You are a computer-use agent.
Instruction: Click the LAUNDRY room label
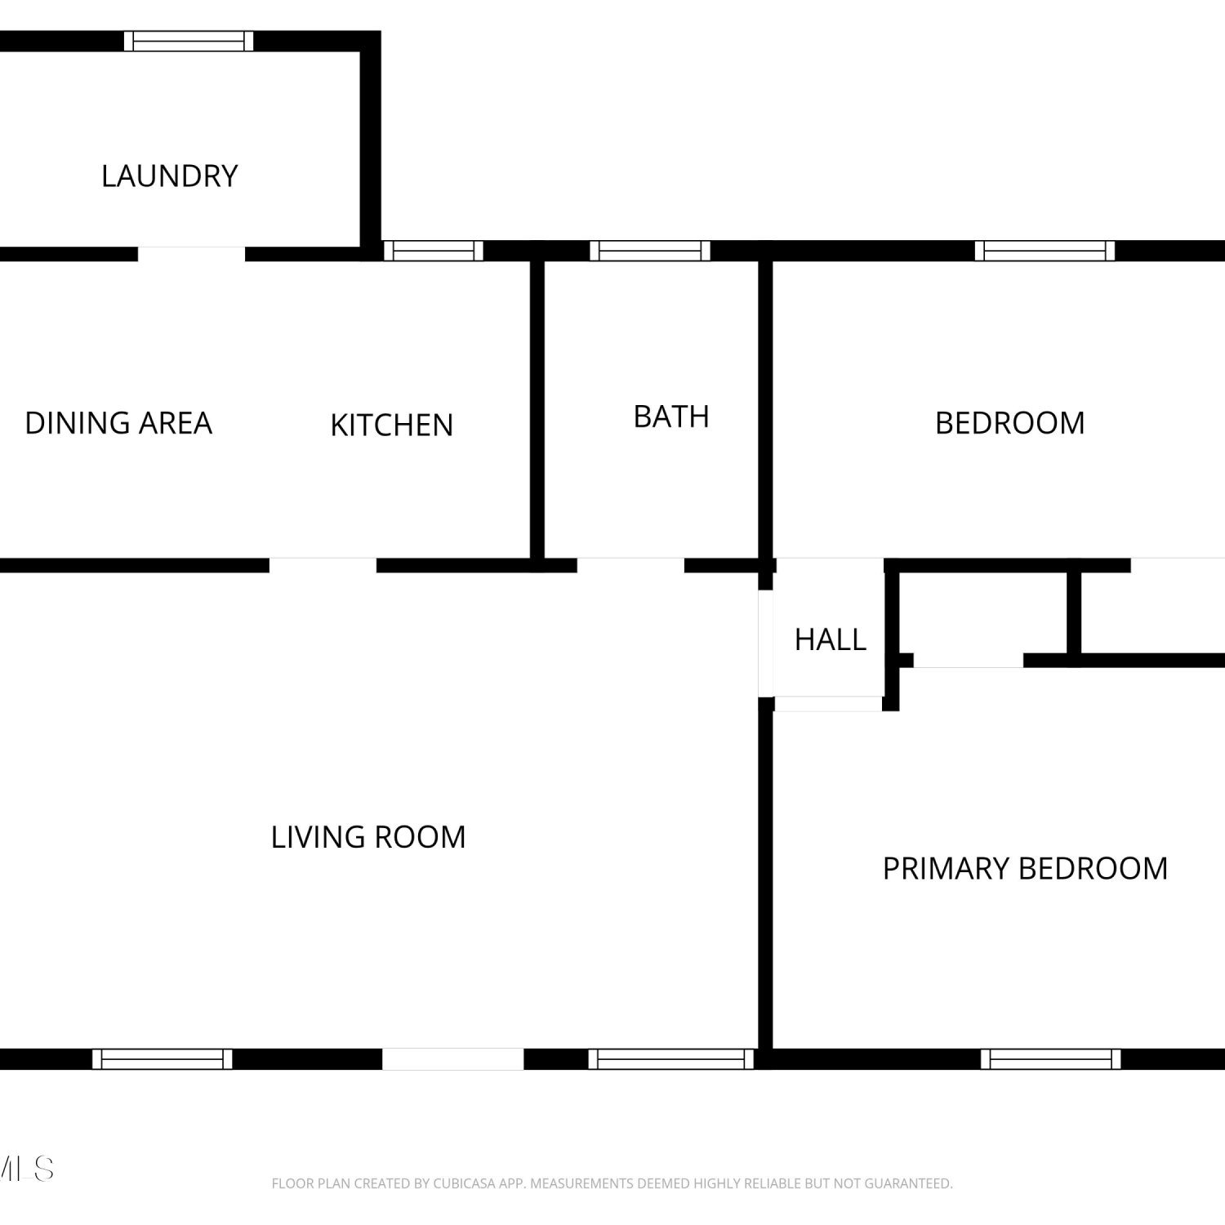(169, 176)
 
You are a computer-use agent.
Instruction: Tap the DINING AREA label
(118, 423)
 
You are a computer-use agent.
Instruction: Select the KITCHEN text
(391, 425)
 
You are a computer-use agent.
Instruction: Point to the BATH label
(671, 416)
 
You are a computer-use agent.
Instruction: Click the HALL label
(831, 639)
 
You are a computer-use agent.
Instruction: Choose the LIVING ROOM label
(368, 837)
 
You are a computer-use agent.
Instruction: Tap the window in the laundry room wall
(189, 41)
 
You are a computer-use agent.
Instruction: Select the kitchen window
(433, 251)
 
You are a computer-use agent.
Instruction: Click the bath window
(650, 251)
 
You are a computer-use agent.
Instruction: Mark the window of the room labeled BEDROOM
(1045, 251)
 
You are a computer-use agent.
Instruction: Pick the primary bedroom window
(1050, 1059)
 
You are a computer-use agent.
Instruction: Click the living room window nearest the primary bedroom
(671, 1059)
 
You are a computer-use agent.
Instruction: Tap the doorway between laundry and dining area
(191, 254)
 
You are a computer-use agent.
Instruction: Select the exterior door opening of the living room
(452, 1059)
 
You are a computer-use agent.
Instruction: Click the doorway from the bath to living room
(630, 565)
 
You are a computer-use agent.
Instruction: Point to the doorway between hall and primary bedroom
(828, 704)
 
